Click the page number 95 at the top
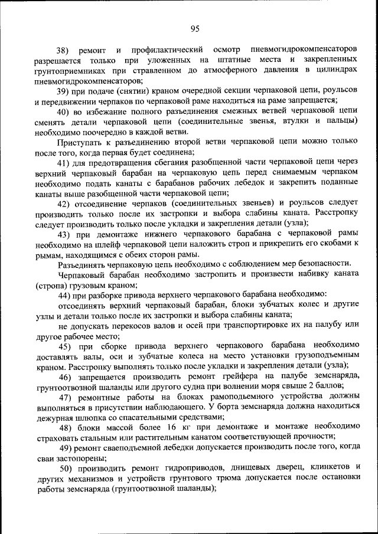pyautogui.click(x=194, y=28)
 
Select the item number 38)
pyautogui.click(x=63, y=50)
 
